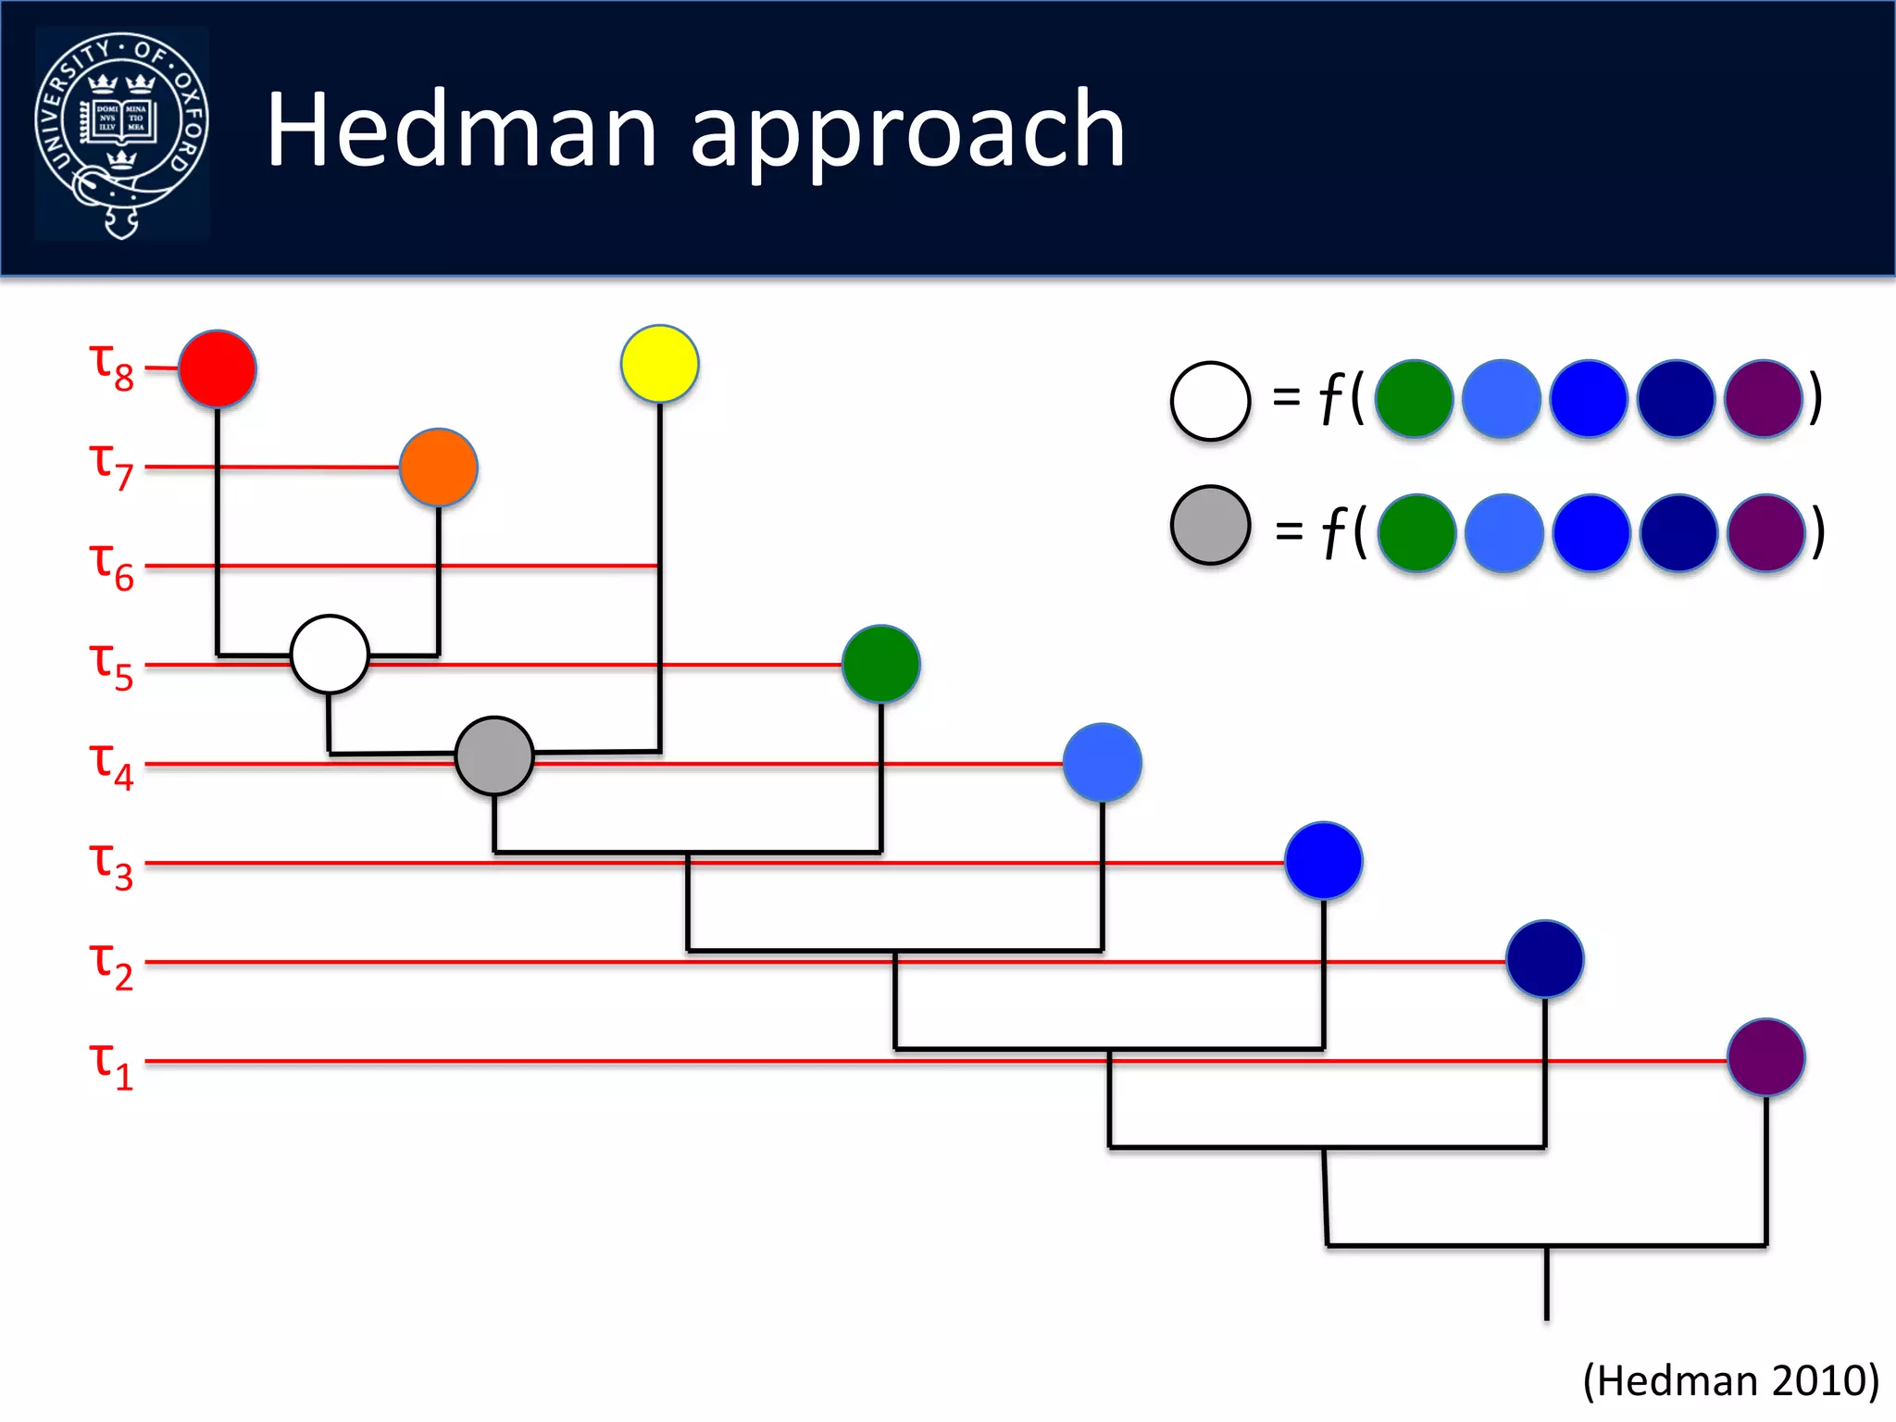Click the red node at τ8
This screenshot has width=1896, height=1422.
pos(217,368)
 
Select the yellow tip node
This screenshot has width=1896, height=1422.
pos(659,364)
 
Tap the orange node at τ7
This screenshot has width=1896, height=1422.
pos(438,468)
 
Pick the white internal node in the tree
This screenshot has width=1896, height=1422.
pos(330,655)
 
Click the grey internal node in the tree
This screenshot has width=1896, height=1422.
pos(494,755)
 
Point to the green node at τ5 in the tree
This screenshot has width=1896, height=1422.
pos(880,664)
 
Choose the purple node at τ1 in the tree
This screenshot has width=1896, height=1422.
pos(1765,1057)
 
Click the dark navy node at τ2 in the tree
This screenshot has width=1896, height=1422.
pos(1544,958)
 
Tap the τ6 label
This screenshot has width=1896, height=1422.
pos(111,566)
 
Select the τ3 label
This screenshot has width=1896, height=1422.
pos(111,864)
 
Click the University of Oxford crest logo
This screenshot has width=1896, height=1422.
pos(121,134)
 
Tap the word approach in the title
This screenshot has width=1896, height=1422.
pos(907,134)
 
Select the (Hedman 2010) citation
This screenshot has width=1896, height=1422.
pos(1730,1379)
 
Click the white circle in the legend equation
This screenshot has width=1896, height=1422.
pos(1210,401)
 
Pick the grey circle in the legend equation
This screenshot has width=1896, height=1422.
pos(1210,525)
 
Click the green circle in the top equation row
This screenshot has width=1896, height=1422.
pos(1414,398)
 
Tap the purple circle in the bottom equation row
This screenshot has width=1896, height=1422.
pos(1765,533)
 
